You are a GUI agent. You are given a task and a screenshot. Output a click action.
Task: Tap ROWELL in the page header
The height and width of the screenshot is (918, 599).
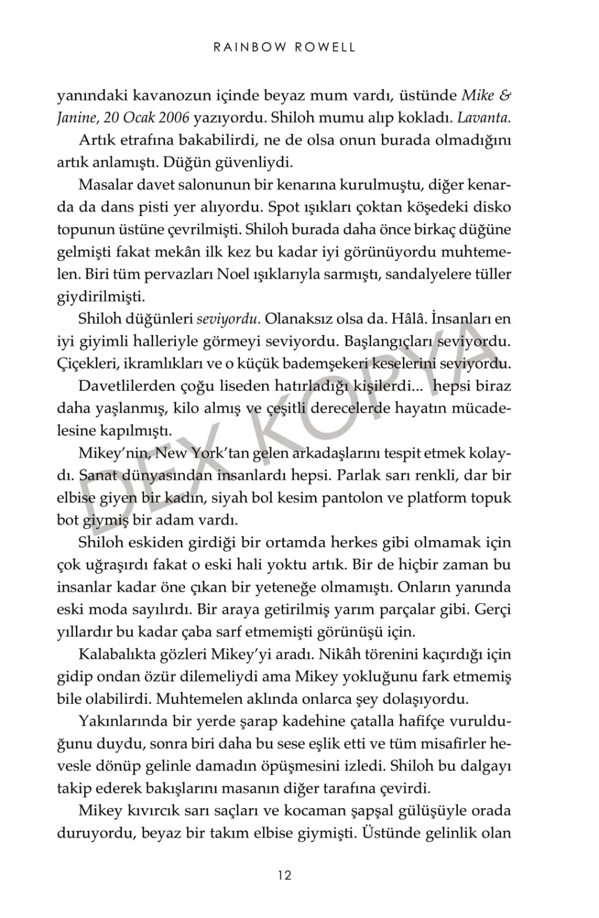click(325, 47)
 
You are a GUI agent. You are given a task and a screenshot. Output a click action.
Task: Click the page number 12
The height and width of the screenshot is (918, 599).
click(284, 876)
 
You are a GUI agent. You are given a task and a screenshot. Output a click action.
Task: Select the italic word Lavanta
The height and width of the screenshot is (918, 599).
click(484, 118)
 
